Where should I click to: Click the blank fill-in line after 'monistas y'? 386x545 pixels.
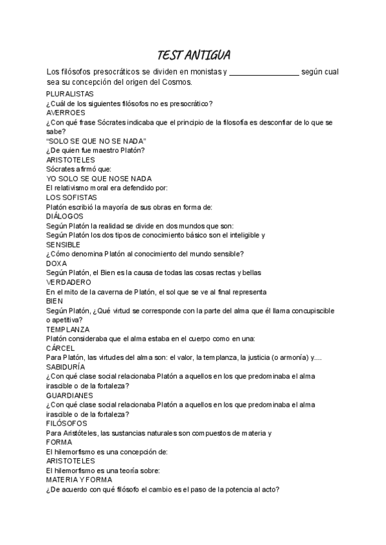pyautogui.click(x=264, y=72)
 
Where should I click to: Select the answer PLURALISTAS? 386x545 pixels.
pyautogui.click(x=70, y=94)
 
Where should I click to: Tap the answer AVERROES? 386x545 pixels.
pyautogui.click(x=66, y=112)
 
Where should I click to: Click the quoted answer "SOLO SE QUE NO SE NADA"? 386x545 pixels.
pyautogui.click(x=96, y=141)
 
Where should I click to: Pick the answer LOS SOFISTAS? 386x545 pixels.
pyautogui.click(x=71, y=197)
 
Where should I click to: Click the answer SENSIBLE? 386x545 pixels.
pyautogui.click(x=64, y=244)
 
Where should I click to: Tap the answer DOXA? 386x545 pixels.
pyautogui.click(x=57, y=263)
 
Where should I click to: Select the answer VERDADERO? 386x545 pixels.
pyautogui.click(x=68, y=281)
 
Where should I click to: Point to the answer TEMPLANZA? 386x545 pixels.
pyautogui.click(x=68, y=328)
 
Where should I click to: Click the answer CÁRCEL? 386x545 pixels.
pyautogui.click(x=62, y=347)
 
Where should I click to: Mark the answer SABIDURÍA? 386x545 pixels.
pyautogui.click(x=66, y=366)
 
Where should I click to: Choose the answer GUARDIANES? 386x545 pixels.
pyautogui.click(x=70, y=395)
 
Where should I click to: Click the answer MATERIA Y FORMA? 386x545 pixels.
pyautogui.click(x=79, y=479)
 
